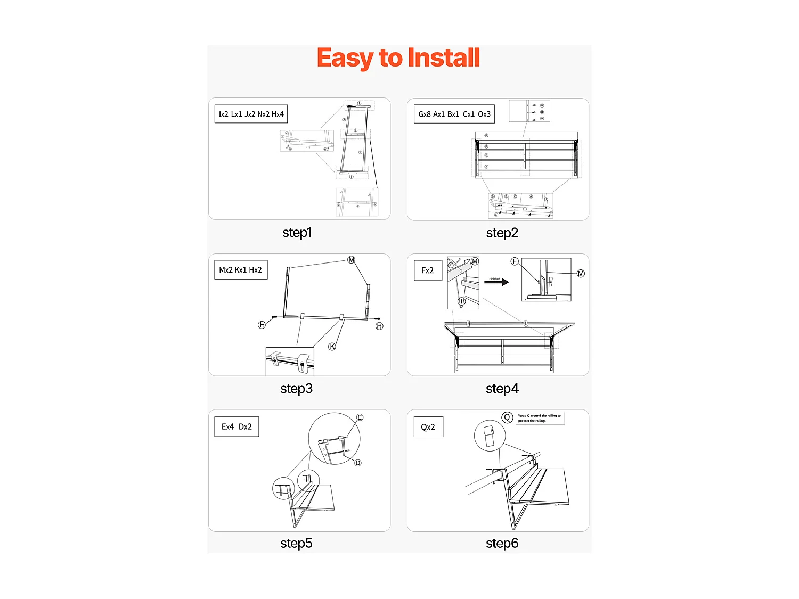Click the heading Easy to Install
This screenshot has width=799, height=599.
coord(398,58)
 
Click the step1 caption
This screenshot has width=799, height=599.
coord(297,233)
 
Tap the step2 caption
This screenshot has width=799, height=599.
coord(502,233)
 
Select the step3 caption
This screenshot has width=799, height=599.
coord(296,389)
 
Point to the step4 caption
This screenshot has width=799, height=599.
coord(502,389)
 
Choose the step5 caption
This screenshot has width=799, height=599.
coord(296,543)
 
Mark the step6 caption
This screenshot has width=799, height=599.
coord(502,543)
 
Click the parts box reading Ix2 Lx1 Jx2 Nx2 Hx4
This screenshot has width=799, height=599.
coord(251,114)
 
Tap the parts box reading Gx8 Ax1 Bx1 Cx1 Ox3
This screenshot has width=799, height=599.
coord(454,114)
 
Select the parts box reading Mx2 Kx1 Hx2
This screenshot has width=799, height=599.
coord(241,270)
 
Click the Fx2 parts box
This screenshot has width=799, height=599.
coord(428,270)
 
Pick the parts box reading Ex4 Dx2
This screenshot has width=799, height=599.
coord(237,426)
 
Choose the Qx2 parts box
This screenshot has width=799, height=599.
coord(428,427)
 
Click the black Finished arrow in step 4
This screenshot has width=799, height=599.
coord(496,282)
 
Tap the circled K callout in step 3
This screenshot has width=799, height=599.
coord(332,347)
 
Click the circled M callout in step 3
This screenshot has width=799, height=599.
coord(351,260)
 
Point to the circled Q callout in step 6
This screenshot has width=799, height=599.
coord(507,417)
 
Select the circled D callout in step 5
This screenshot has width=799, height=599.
coord(358,463)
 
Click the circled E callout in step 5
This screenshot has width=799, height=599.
coord(360,417)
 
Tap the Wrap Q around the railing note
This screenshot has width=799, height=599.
coord(540,418)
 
